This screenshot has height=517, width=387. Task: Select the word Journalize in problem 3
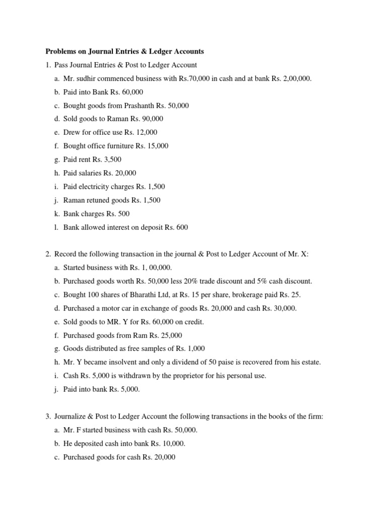[70, 417]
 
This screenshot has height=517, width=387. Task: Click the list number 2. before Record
[48, 254]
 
